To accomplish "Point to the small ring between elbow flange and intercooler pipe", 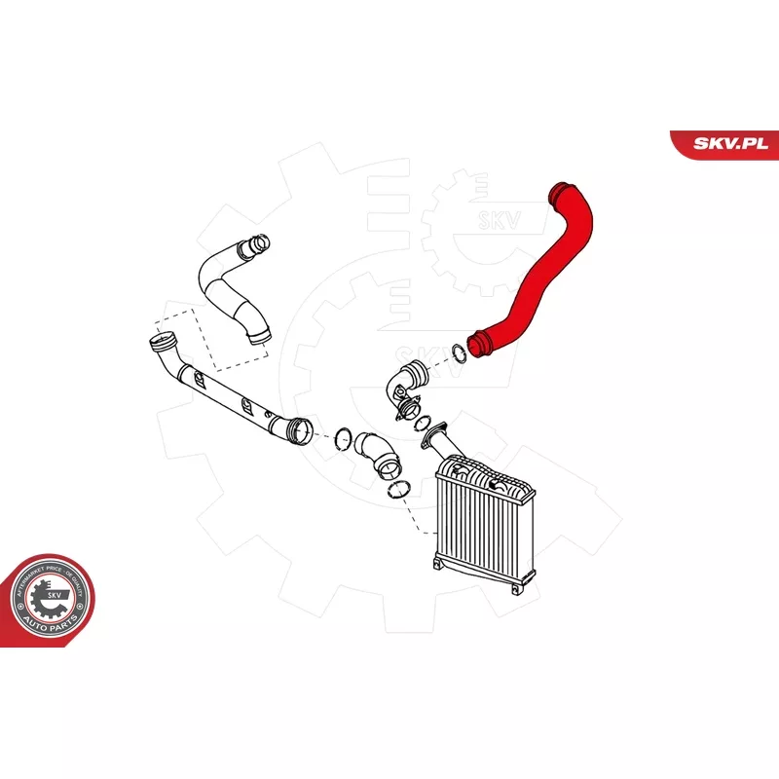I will (422, 424).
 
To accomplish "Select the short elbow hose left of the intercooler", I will (374, 451).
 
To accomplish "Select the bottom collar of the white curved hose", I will (257, 338).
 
